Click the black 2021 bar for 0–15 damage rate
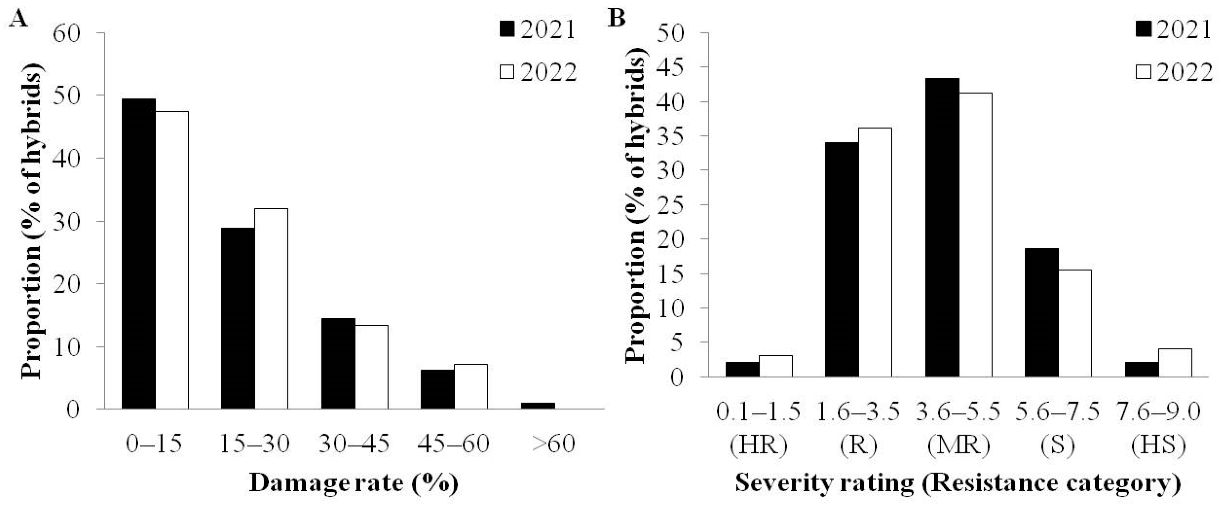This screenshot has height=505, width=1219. [139, 253]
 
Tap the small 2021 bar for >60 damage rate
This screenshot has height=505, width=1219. [538, 405]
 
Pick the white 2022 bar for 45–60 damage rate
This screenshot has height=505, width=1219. [471, 386]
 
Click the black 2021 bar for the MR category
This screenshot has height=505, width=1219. [942, 227]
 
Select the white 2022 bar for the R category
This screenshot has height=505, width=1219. [875, 252]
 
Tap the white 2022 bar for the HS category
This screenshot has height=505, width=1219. [1175, 363]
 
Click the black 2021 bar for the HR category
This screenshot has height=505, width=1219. [743, 369]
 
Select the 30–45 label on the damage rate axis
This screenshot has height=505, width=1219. [354, 444]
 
